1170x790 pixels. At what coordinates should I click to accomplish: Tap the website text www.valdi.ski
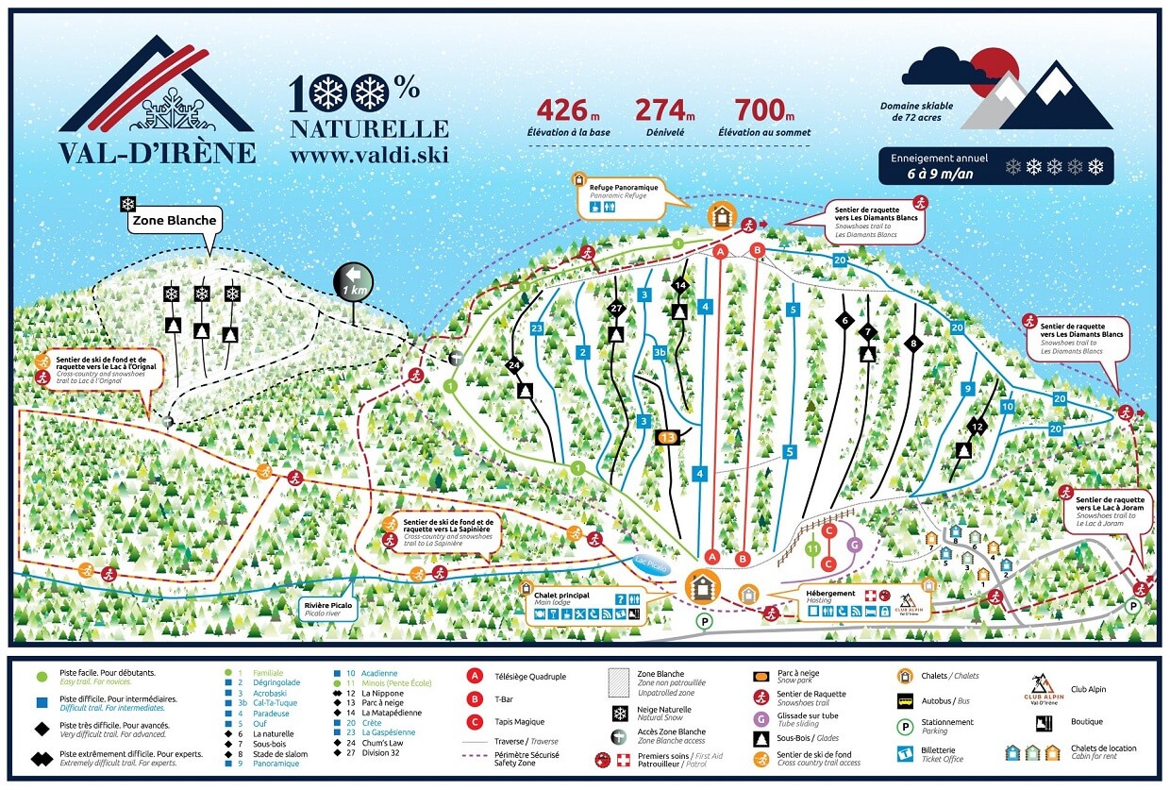pyautogui.click(x=369, y=154)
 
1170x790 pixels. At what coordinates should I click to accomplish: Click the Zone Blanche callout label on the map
pyautogui.click(x=175, y=221)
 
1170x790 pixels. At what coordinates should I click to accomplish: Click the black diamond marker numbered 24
pyautogui.click(x=514, y=365)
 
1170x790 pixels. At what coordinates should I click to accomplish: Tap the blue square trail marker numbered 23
pyautogui.click(x=537, y=328)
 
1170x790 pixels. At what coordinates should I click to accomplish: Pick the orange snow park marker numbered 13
pyautogui.click(x=667, y=437)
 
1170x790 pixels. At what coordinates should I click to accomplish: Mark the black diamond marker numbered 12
pyautogui.click(x=978, y=428)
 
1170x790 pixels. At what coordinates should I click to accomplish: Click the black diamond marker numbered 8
pyautogui.click(x=912, y=343)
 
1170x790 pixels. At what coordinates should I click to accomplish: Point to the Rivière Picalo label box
pyautogui.click(x=329, y=608)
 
